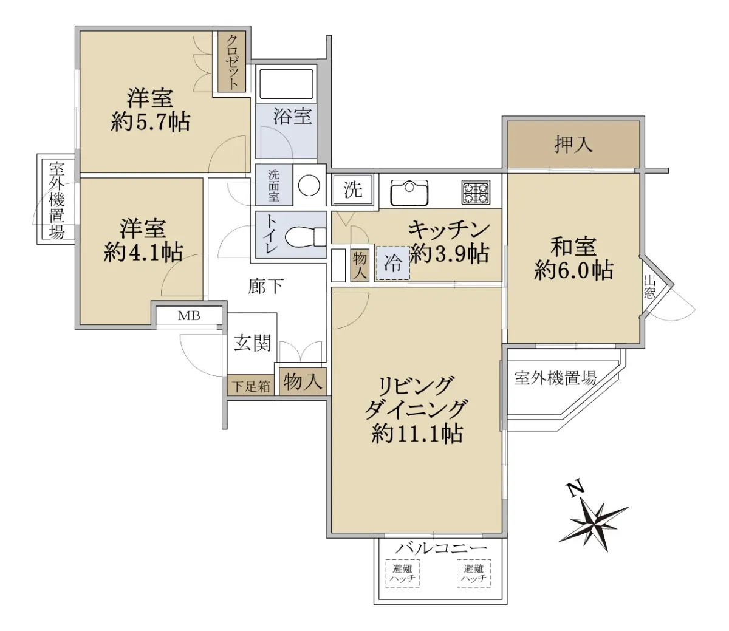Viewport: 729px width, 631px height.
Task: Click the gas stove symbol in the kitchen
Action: coord(476,192)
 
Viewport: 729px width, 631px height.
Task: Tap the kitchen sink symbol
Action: coord(409,193)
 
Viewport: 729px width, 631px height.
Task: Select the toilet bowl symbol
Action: coord(305,236)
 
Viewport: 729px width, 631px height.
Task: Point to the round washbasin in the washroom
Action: coord(309,185)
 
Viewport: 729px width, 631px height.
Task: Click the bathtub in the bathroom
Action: coord(286,84)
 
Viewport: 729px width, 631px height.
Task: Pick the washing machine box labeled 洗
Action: coord(353,190)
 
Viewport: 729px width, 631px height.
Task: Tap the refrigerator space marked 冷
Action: coord(393,264)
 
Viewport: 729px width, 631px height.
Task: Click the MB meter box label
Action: coord(189,316)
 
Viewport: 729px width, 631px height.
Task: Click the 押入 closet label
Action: coord(573,145)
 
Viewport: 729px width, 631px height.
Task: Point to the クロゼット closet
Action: coord(231,62)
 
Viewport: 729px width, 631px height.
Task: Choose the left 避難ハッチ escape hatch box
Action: coord(402,573)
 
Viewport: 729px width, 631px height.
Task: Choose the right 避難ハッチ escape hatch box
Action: coord(474,573)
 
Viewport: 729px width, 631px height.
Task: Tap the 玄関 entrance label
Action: coord(253,343)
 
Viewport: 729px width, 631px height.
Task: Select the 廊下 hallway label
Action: coord(265,286)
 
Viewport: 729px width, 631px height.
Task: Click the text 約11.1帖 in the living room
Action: coord(417,434)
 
